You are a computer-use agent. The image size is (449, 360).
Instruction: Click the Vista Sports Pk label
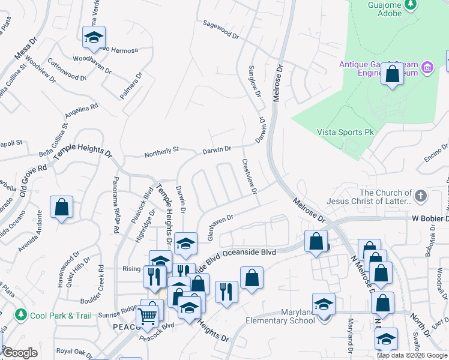pyautogui.click(x=340, y=132)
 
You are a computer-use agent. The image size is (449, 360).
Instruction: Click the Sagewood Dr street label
pyautogui.click(x=221, y=32)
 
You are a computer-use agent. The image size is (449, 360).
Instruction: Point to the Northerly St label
pyautogui.click(x=161, y=154)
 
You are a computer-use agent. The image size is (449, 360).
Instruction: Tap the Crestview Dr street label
pyautogui.click(x=250, y=176)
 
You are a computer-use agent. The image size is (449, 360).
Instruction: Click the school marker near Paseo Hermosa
pyautogui.click(x=94, y=38)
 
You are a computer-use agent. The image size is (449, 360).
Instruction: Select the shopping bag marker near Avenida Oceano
pyautogui.click(x=61, y=208)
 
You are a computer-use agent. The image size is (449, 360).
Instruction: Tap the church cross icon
pyautogui.click(x=421, y=196)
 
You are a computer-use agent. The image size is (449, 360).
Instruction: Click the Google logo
pyautogui.click(x=20, y=353)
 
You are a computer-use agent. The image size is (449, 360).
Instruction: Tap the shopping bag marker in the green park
pyautogui.click(x=393, y=75)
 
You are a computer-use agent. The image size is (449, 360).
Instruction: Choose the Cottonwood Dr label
pyautogui.click(x=67, y=70)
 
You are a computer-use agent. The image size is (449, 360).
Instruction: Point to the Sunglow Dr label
pyautogui.click(x=255, y=82)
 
